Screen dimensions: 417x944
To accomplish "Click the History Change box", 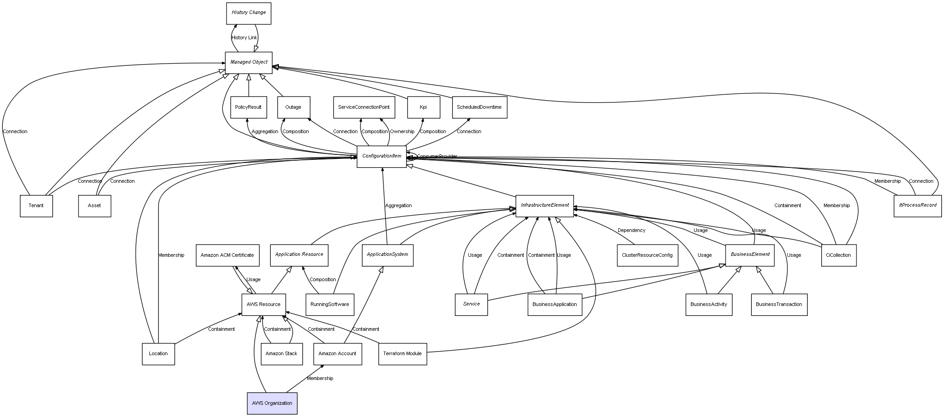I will (249, 13).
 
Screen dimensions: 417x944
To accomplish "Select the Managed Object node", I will (249, 62).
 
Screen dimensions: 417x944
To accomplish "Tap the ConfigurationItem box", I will (381, 157).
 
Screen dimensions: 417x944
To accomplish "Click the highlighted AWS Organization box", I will (272, 403).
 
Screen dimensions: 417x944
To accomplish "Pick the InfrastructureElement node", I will (545, 206).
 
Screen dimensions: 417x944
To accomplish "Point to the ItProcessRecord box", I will (917, 206).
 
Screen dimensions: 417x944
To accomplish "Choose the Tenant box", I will (36, 206).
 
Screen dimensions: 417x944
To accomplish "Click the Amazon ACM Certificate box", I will (227, 255).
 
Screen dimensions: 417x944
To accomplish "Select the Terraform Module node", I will (403, 354).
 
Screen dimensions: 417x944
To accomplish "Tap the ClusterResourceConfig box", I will (647, 255).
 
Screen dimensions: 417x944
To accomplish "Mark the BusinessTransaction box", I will (779, 305).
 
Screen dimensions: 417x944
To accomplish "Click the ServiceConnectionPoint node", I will (364, 107).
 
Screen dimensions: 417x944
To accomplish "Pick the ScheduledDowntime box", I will (479, 107).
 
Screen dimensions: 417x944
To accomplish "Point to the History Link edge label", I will (244, 38).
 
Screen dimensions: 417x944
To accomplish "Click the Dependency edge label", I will (631, 231).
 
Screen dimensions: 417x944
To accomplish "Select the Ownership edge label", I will (402, 132).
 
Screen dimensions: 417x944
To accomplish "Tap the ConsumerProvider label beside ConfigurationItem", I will (437, 157).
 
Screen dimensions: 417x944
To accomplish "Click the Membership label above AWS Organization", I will (320, 379).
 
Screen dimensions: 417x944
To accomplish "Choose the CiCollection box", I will (838, 255).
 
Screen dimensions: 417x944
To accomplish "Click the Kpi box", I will (423, 107).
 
